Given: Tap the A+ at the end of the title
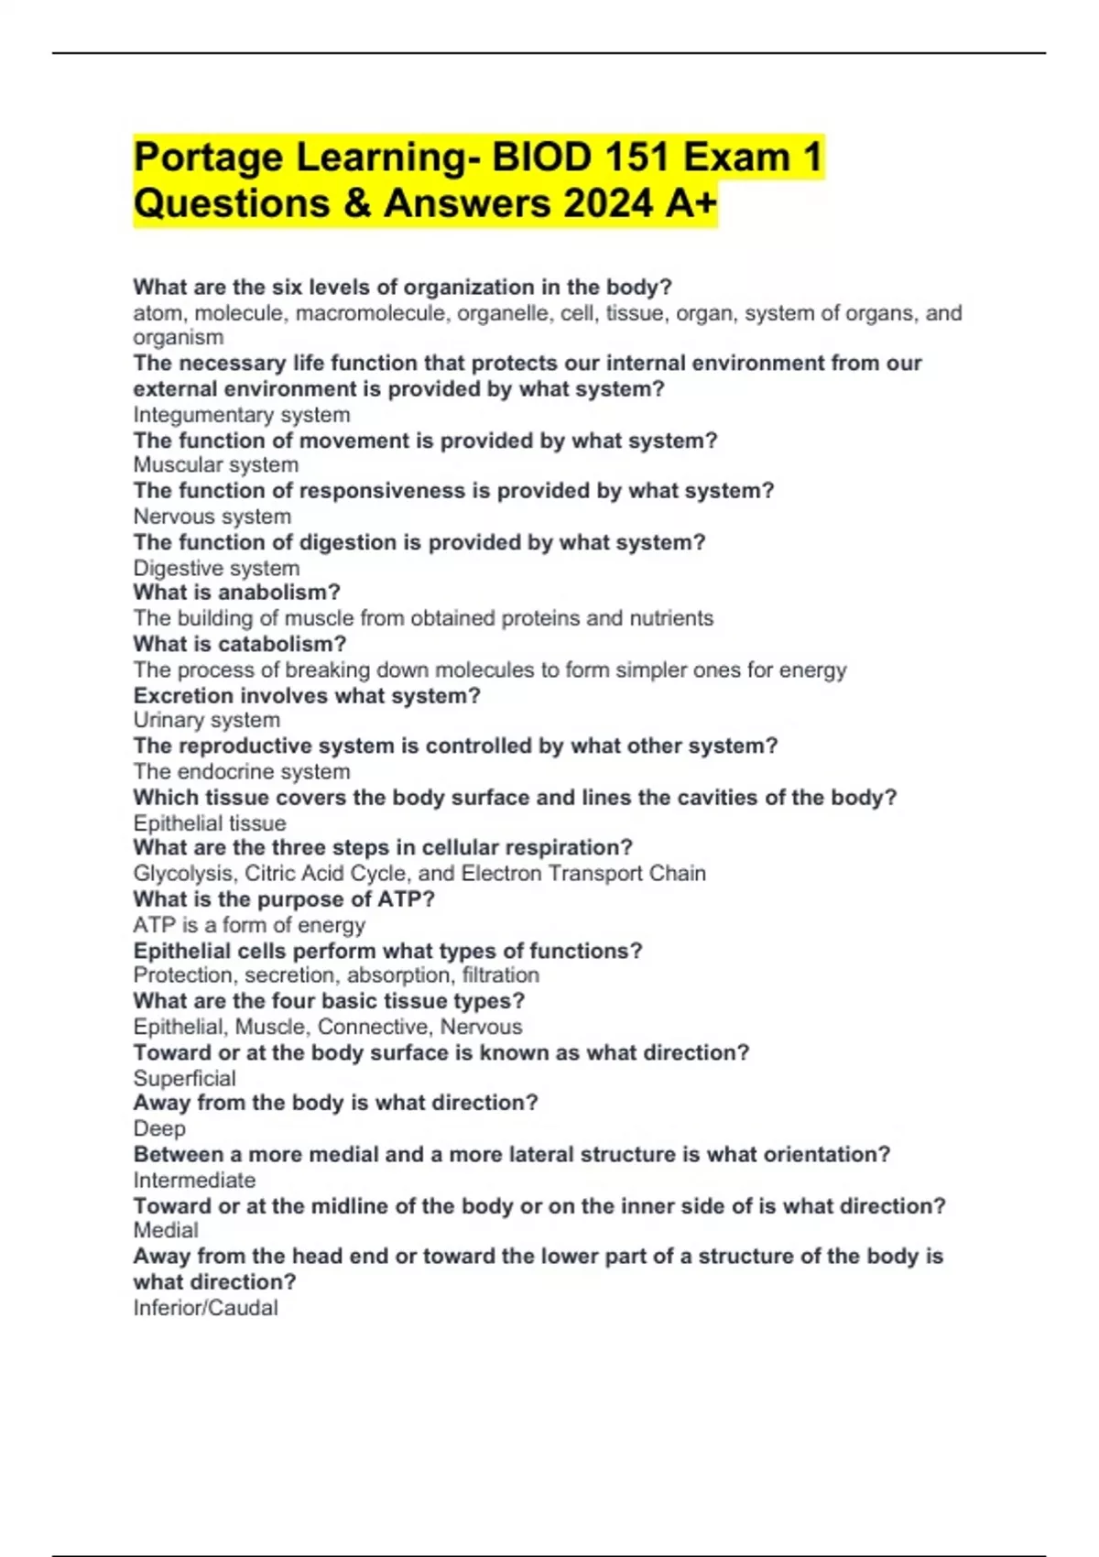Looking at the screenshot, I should (691, 203).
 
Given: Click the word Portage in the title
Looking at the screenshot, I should (208, 158).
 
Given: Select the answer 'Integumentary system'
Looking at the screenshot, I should (241, 415).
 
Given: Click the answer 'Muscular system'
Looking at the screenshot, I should (215, 465).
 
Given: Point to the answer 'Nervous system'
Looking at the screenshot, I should (212, 517).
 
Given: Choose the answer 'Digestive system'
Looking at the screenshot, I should (216, 568).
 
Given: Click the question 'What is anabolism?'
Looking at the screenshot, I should (236, 593).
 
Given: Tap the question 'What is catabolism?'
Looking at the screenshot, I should (239, 644).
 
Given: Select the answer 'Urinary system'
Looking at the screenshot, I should (206, 721).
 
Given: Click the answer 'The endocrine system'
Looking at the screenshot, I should (241, 772).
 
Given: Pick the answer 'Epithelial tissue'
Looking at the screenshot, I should (209, 823).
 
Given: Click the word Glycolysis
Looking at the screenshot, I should (182, 874).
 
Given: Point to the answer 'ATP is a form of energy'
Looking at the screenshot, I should (248, 925).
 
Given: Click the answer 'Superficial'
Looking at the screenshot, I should (184, 1079).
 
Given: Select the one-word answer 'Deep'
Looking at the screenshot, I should (158, 1129).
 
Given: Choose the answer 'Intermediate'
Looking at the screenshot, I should (193, 1181).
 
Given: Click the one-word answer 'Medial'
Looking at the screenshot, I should (165, 1231).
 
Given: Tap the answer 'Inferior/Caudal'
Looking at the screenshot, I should (205, 1308).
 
